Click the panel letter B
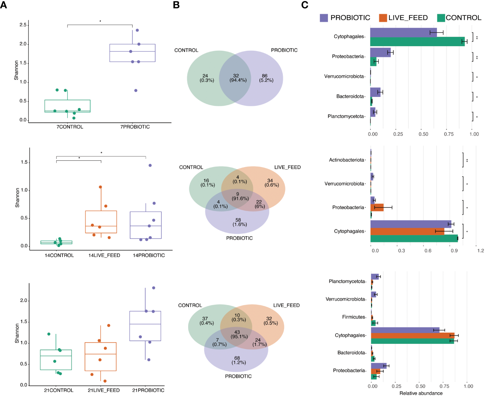[x=176, y=5]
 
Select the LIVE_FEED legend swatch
[x=383, y=18]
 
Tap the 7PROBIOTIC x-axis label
[x=135, y=127]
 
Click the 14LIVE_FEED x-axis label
[x=104, y=255]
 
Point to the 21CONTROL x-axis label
[x=59, y=390]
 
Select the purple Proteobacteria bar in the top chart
[x=380, y=52]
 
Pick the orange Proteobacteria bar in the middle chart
[x=377, y=207]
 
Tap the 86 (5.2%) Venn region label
[x=266, y=78]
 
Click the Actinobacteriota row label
[x=347, y=160]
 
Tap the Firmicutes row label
[x=354, y=317]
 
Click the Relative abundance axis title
[x=421, y=393]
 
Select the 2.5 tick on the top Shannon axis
[x=23, y=25]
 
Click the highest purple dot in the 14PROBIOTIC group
[x=150, y=165]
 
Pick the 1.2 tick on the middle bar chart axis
[x=481, y=251]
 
